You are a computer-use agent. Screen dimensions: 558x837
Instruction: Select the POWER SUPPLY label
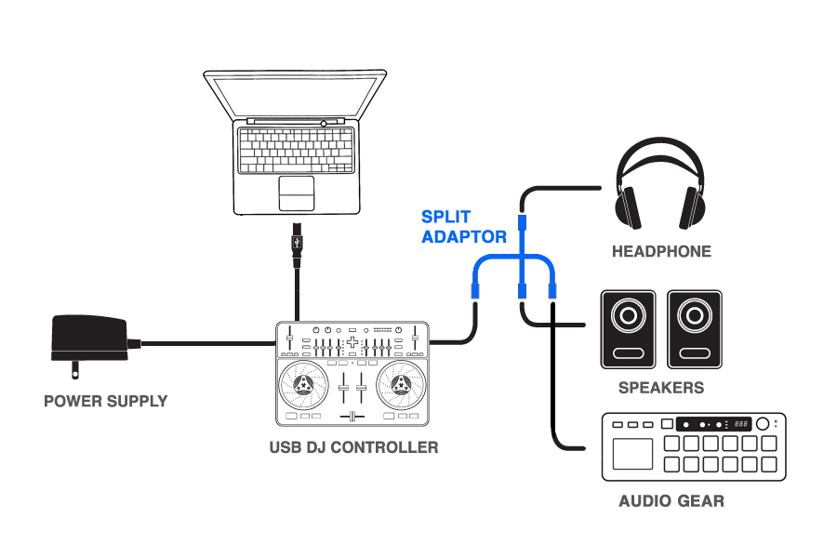[106, 402]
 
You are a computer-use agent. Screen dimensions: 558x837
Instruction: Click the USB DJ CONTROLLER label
[353, 447]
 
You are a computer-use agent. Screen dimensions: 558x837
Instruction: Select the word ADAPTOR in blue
[464, 237]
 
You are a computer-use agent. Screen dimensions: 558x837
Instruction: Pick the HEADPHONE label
[661, 251]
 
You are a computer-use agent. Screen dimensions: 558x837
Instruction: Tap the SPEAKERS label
[661, 388]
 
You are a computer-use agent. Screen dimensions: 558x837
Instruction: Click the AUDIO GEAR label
[671, 501]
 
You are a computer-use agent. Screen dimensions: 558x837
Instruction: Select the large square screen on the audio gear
[631, 454]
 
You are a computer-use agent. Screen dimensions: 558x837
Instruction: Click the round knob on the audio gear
[764, 424]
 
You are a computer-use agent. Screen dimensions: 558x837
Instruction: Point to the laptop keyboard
[296, 148]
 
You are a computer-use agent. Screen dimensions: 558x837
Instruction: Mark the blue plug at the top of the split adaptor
[523, 223]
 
